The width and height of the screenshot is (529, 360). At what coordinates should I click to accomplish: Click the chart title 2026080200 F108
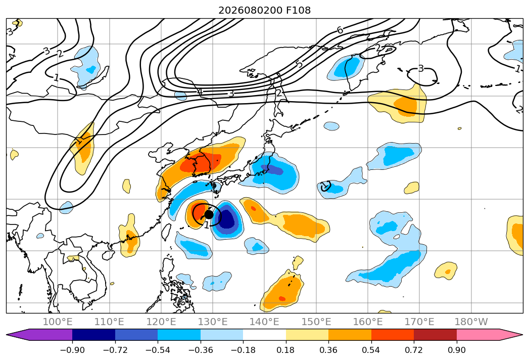(x=265, y=10)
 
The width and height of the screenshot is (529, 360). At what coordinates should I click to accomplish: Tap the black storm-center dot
(x=209, y=214)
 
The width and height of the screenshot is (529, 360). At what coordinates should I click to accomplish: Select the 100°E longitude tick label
(x=58, y=322)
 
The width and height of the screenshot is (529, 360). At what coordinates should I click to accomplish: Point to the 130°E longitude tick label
(x=213, y=322)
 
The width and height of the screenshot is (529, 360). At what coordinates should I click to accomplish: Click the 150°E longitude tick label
(x=316, y=322)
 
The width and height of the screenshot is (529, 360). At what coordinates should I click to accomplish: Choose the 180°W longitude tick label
(x=471, y=322)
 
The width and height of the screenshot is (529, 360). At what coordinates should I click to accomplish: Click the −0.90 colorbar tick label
(x=72, y=350)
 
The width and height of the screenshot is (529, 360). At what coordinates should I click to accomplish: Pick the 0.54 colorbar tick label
(x=371, y=350)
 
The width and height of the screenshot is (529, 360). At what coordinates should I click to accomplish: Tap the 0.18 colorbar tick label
(x=285, y=350)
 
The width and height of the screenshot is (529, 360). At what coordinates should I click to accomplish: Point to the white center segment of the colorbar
(x=265, y=334)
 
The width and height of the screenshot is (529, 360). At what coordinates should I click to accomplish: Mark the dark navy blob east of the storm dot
(x=228, y=219)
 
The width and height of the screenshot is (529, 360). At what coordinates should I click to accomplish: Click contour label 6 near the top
(x=340, y=30)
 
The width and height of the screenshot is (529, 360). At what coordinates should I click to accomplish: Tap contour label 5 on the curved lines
(x=300, y=64)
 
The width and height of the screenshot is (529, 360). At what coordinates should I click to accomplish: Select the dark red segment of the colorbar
(x=435, y=334)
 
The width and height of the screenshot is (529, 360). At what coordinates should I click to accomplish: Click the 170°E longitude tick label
(x=419, y=322)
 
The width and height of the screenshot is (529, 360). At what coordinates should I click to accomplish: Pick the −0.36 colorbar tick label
(x=201, y=350)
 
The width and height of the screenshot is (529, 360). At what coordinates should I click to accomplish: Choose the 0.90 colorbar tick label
(x=456, y=350)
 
